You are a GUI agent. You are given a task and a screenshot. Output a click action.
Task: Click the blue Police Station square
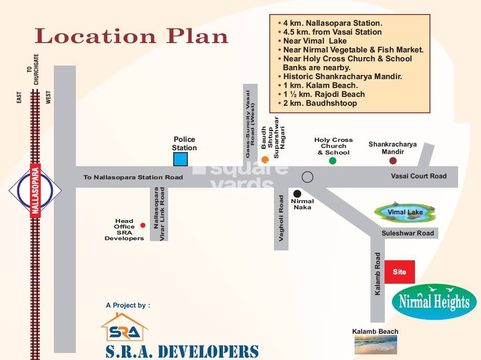180,159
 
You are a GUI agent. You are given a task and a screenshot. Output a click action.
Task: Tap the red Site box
400,272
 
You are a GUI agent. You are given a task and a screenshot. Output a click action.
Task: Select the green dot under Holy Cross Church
333,161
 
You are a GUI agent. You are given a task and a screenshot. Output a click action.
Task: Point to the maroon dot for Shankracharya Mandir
393,161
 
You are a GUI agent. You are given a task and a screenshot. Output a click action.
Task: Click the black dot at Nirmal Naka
297,193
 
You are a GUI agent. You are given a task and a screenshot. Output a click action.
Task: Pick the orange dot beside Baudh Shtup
265,159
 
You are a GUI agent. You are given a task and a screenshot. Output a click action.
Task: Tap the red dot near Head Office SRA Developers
143,225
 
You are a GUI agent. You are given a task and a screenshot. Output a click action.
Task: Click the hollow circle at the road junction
307,177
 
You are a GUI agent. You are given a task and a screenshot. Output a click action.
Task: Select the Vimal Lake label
405,212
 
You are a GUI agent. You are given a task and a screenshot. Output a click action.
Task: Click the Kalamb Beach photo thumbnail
375,345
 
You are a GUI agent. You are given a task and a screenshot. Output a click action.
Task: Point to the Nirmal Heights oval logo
434,302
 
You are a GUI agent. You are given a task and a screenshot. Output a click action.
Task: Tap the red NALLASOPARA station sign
35,190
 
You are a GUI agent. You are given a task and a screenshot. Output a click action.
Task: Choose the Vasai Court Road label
419,176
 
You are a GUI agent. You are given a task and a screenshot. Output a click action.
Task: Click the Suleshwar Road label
407,233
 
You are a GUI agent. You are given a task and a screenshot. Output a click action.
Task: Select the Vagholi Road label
281,218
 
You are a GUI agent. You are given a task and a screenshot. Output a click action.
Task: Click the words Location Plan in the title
131,36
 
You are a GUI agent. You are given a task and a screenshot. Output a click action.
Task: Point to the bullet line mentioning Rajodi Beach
324,94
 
